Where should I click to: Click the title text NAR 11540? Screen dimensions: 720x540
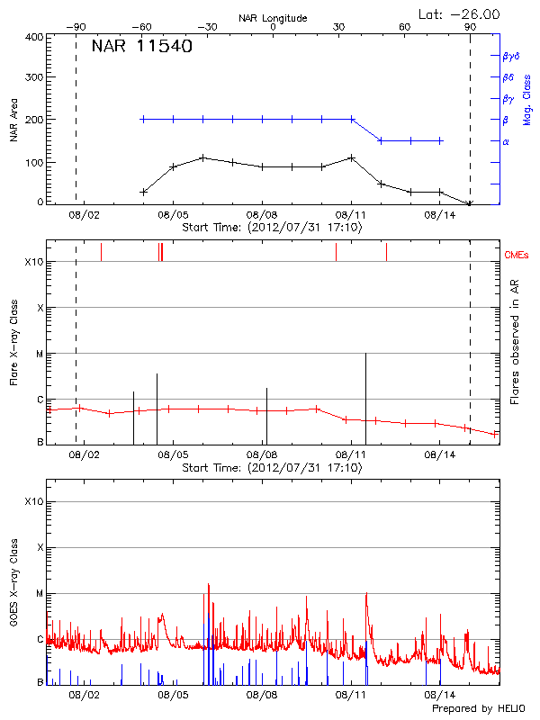tap(142, 48)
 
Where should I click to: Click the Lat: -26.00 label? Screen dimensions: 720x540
tap(461, 13)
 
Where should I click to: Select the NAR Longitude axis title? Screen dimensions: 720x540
tap(273, 17)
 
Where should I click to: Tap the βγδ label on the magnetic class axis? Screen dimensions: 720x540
tap(512, 56)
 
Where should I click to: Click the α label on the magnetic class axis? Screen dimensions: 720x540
tap(506, 141)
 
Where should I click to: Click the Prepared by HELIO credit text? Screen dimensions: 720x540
tap(481, 709)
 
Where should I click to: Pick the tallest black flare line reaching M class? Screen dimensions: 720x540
tap(365, 396)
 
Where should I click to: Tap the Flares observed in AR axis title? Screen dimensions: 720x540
tap(515, 342)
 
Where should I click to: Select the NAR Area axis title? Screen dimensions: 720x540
tap(14, 120)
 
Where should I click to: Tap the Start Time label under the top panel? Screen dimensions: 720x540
tap(272, 228)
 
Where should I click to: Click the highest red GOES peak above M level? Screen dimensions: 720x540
tap(209, 585)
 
